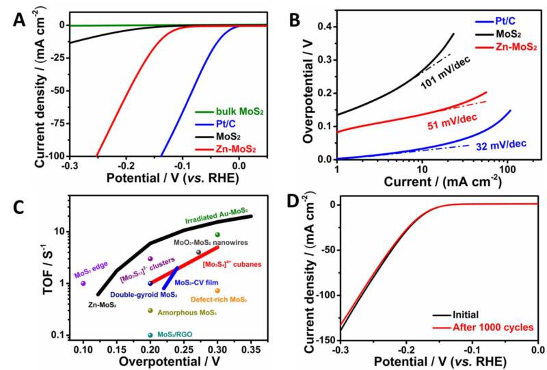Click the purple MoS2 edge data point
tap(83, 283)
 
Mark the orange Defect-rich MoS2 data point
tap(217, 291)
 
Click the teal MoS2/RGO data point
tap(150, 335)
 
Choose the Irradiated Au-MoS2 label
tap(215, 214)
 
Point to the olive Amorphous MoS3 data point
tap(150, 311)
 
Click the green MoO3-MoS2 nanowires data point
tap(217, 235)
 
